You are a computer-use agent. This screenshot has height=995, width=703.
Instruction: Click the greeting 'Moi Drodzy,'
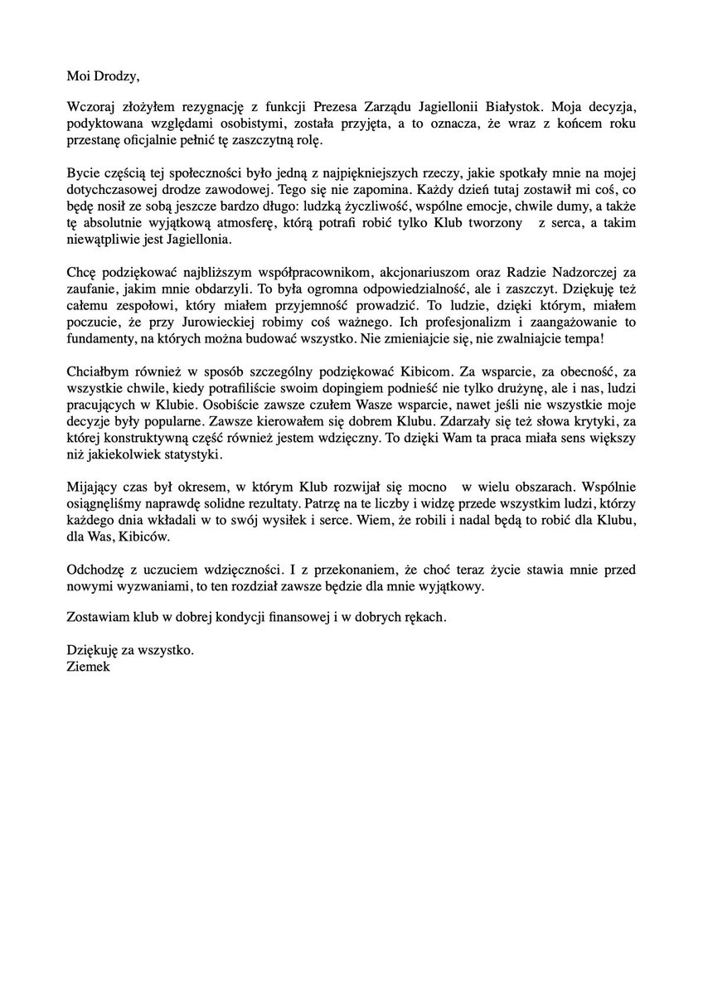tap(104, 78)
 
